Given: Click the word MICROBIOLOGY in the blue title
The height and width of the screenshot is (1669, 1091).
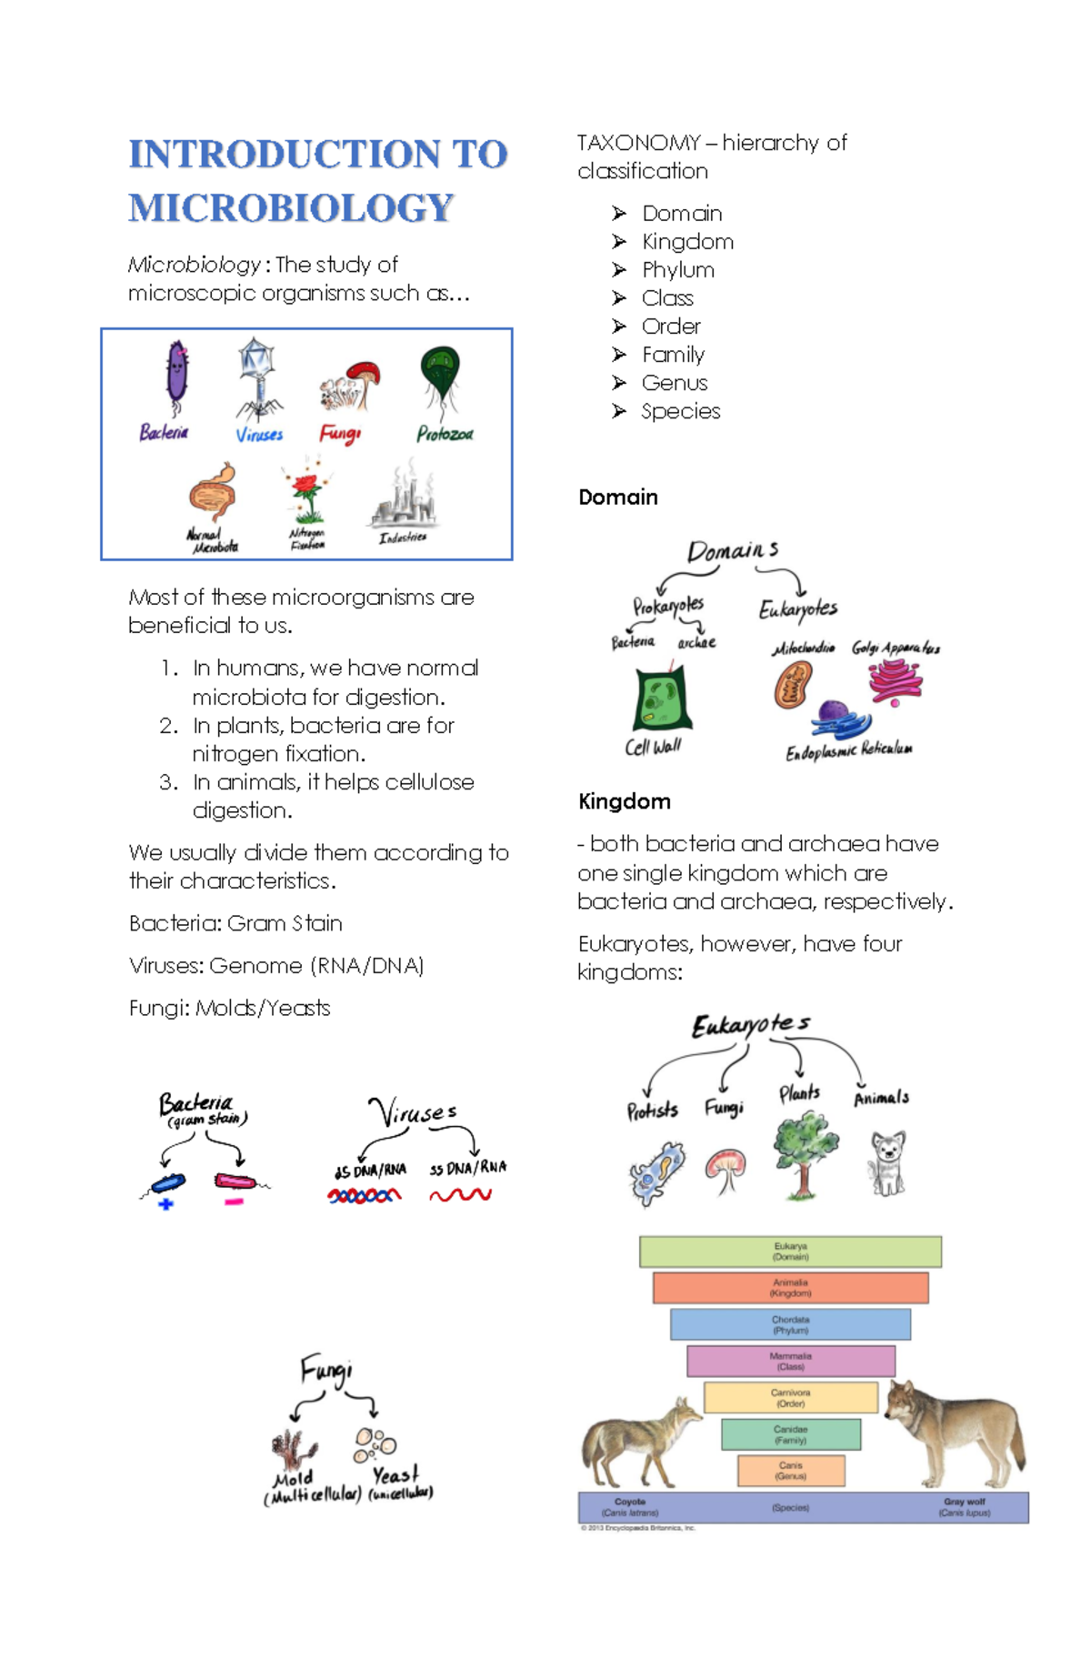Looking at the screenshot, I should (x=291, y=208).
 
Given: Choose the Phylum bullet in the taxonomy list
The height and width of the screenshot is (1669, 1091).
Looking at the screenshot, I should (x=677, y=270).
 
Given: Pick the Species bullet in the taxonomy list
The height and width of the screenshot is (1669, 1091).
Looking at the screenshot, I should (x=680, y=411).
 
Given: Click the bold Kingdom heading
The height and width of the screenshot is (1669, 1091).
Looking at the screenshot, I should (x=625, y=801).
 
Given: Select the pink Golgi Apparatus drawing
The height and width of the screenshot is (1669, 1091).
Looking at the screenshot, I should (x=895, y=680).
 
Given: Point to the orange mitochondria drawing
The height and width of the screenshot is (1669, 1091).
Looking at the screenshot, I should (x=793, y=685).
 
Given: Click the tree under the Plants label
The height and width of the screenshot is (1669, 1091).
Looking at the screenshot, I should (x=806, y=1153).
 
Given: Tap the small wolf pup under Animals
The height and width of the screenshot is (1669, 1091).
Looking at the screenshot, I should (x=887, y=1162).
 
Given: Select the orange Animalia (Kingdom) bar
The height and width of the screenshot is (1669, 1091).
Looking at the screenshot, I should (x=790, y=1288).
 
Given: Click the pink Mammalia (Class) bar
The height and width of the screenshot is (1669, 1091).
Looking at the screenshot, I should (x=790, y=1361).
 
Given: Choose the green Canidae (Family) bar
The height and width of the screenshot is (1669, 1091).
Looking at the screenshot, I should (x=790, y=1434).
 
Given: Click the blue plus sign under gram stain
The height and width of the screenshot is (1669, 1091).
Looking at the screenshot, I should (x=165, y=1204).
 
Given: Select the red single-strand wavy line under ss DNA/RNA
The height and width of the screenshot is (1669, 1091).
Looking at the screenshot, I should (x=461, y=1194).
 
